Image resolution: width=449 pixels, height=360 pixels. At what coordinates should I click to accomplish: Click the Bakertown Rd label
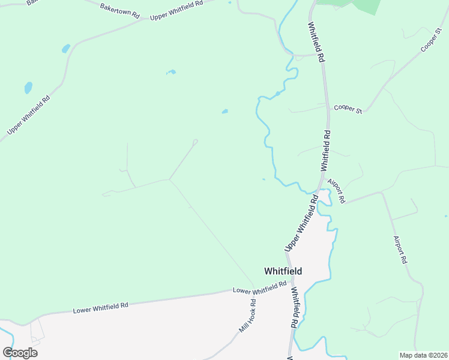(120, 10)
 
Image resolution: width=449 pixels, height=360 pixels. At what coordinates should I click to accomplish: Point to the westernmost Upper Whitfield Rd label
(29, 115)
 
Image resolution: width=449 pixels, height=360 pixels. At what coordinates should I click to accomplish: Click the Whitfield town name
(283, 271)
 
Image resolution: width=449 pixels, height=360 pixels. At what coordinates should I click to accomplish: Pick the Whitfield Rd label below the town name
(295, 307)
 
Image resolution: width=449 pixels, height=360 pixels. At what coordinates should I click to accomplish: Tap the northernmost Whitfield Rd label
(316, 43)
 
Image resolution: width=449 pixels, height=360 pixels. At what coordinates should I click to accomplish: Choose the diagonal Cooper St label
(431, 38)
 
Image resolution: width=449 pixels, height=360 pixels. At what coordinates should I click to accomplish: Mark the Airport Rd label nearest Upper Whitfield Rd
(336, 190)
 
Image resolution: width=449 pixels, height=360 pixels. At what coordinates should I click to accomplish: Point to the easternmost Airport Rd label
(400, 250)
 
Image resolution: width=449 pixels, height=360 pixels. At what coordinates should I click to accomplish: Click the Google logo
(20, 353)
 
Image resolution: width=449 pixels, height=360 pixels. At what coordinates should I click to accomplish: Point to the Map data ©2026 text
(423, 355)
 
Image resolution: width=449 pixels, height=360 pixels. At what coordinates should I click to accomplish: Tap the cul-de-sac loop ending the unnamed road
(195, 142)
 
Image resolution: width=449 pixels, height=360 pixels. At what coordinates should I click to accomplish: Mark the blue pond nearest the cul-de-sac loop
(224, 111)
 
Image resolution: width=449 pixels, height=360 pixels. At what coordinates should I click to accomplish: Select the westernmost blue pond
(28, 88)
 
